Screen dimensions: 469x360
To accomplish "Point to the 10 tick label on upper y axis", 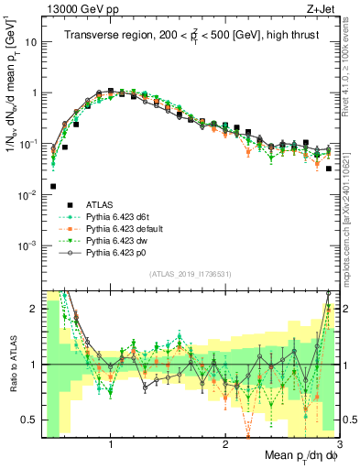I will tap(29, 42).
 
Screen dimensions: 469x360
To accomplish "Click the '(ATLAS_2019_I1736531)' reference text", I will tap(189, 273).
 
